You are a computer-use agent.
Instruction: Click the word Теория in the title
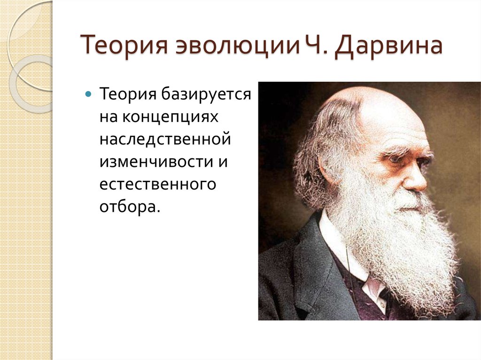(x=124, y=46)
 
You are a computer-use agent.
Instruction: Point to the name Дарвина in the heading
(x=388, y=46)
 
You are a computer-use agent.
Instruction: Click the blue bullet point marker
(x=88, y=93)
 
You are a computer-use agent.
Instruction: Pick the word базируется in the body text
(x=206, y=94)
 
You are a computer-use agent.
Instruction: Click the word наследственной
(x=165, y=139)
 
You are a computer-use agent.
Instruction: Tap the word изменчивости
(x=156, y=161)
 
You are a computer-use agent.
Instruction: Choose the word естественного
(x=158, y=184)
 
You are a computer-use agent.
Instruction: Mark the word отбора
(x=130, y=207)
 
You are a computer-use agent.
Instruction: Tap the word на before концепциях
(x=109, y=117)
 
